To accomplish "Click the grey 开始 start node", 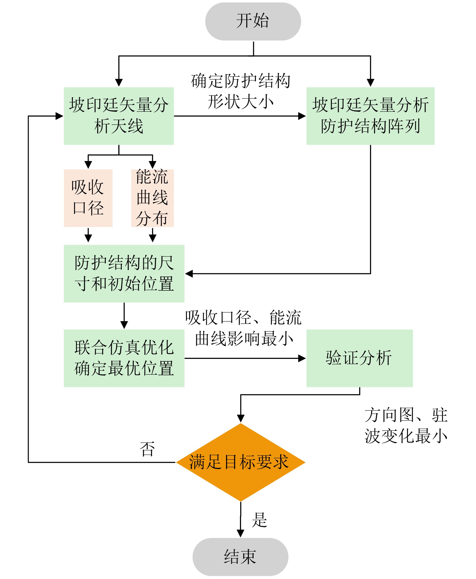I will coord(253,21).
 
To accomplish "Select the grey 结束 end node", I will coord(240,557).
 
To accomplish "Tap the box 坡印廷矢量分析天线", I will coord(119,116).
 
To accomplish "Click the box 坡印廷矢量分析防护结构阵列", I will coord(370,116).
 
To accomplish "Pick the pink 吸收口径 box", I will coord(88,198).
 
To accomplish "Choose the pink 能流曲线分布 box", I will coord(152,198).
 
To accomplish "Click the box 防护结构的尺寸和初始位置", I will coord(124,273).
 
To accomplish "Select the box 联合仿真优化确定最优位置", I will coord(124,358).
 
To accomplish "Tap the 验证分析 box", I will coord(359,358).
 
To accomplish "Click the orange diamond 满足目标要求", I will coord(241,462).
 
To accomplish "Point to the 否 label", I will coord(147,449).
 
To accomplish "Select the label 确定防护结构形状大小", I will coord(241,91).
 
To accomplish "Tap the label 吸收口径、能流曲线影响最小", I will coord(244,328).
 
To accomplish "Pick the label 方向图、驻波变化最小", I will coord(406,425).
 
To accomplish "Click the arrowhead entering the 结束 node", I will coord(241,533).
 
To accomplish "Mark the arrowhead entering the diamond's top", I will coord(241,418).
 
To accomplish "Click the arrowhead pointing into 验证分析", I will coord(302,358).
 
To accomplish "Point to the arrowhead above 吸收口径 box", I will coord(88,165).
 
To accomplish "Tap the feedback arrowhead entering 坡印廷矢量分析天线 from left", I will coord(59,116).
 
